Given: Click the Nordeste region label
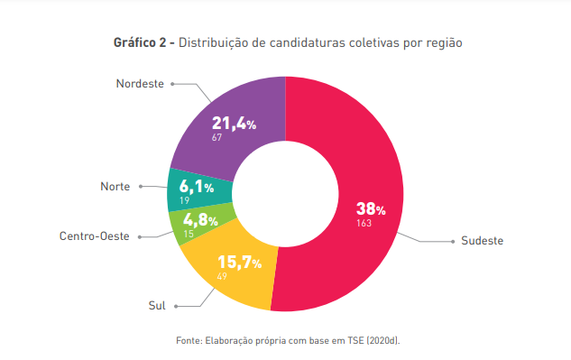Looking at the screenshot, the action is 140,84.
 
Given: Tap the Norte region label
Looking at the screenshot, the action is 115,187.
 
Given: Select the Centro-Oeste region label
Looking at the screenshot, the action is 95,236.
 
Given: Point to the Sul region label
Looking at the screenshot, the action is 157,305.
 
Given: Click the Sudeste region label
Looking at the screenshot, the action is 482,241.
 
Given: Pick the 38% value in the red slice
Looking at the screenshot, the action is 371,208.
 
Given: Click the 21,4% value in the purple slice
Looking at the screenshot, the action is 235,123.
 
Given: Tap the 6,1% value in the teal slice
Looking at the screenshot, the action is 197,187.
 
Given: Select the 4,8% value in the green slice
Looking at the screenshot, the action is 200,220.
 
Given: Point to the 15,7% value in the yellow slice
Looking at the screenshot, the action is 240,263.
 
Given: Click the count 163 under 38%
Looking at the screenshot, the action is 364,223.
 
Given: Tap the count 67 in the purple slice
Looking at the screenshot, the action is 216,137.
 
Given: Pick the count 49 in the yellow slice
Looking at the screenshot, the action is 222,276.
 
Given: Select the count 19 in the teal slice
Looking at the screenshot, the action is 184,200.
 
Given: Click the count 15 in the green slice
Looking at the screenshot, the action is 189,234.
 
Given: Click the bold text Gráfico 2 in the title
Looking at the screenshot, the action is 140,42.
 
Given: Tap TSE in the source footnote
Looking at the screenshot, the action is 355,340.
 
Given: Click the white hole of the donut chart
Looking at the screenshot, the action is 285,194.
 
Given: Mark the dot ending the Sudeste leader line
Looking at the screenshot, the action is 453,242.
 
